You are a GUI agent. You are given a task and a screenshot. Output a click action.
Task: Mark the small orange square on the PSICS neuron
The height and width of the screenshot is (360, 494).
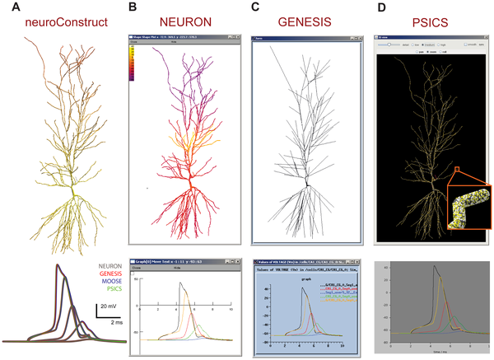pyautogui.click(x=450, y=171)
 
